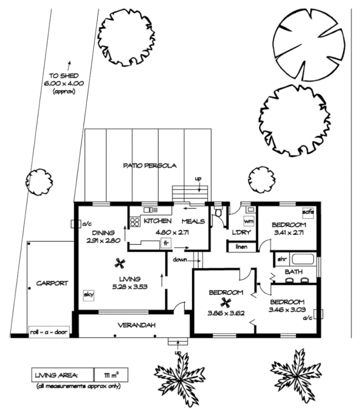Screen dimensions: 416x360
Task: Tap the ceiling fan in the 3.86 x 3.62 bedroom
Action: pyautogui.click(x=225, y=302)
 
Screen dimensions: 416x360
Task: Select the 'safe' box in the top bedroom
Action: pyautogui.click(x=308, y=212)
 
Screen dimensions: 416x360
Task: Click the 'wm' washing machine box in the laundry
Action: pyautogui.click(x=249, y=222)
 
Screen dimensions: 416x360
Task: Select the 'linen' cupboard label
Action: pyautogui.click(x=242, y=246)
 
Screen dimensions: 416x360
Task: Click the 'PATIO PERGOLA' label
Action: pyautogui.click(x=150, y=166)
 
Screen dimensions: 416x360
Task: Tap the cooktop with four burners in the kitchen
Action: pyautogui.click(x=134, y=223)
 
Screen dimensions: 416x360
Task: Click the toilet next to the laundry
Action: pyautogui.click(x=218, y=213)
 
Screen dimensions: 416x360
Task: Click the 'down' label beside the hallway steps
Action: pyautogui.click(x=181, y=258)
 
